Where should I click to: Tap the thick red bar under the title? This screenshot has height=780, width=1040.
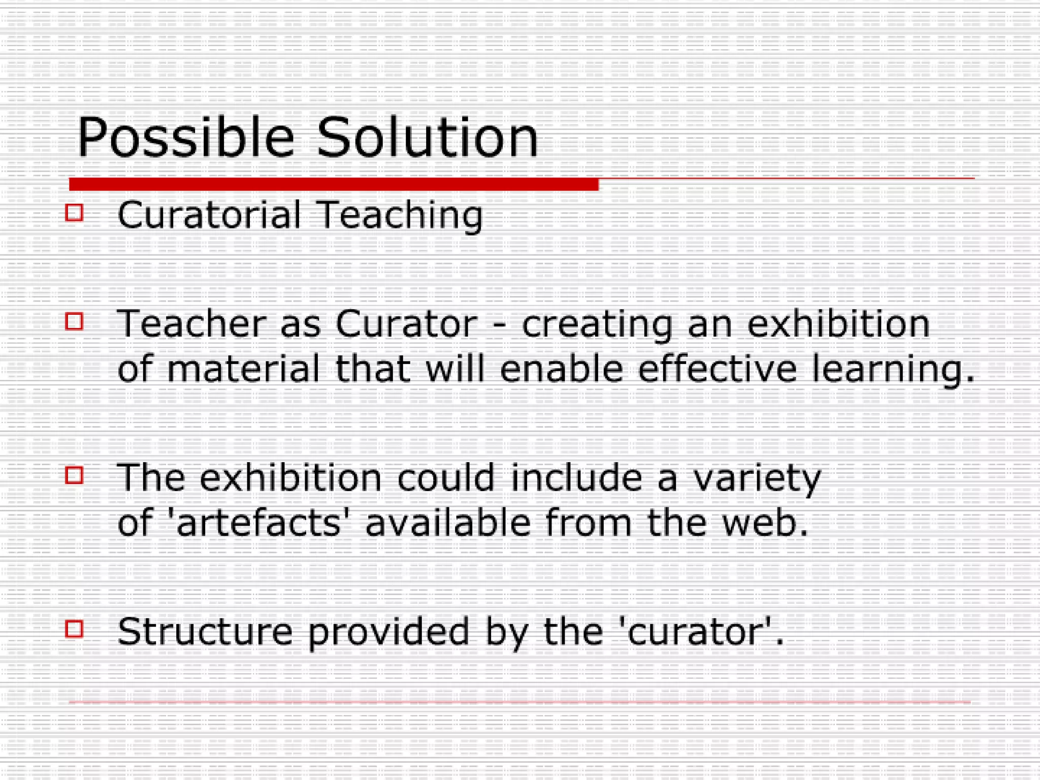click(334, 184)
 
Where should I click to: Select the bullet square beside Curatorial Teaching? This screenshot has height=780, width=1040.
click(74, 212)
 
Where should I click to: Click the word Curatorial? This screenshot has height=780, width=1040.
click(209, 215)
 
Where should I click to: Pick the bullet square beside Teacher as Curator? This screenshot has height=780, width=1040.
click(74, 321)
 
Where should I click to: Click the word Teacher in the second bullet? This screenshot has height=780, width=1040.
click(192, 323)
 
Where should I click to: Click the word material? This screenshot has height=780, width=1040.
click(243, 369)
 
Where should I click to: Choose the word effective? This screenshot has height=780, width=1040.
click(717, 369)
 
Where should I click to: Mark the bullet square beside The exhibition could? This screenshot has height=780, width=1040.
click(74, 475)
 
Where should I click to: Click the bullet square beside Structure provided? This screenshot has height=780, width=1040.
click(74, 629)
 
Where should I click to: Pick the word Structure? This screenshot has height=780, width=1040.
click(205, 632)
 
